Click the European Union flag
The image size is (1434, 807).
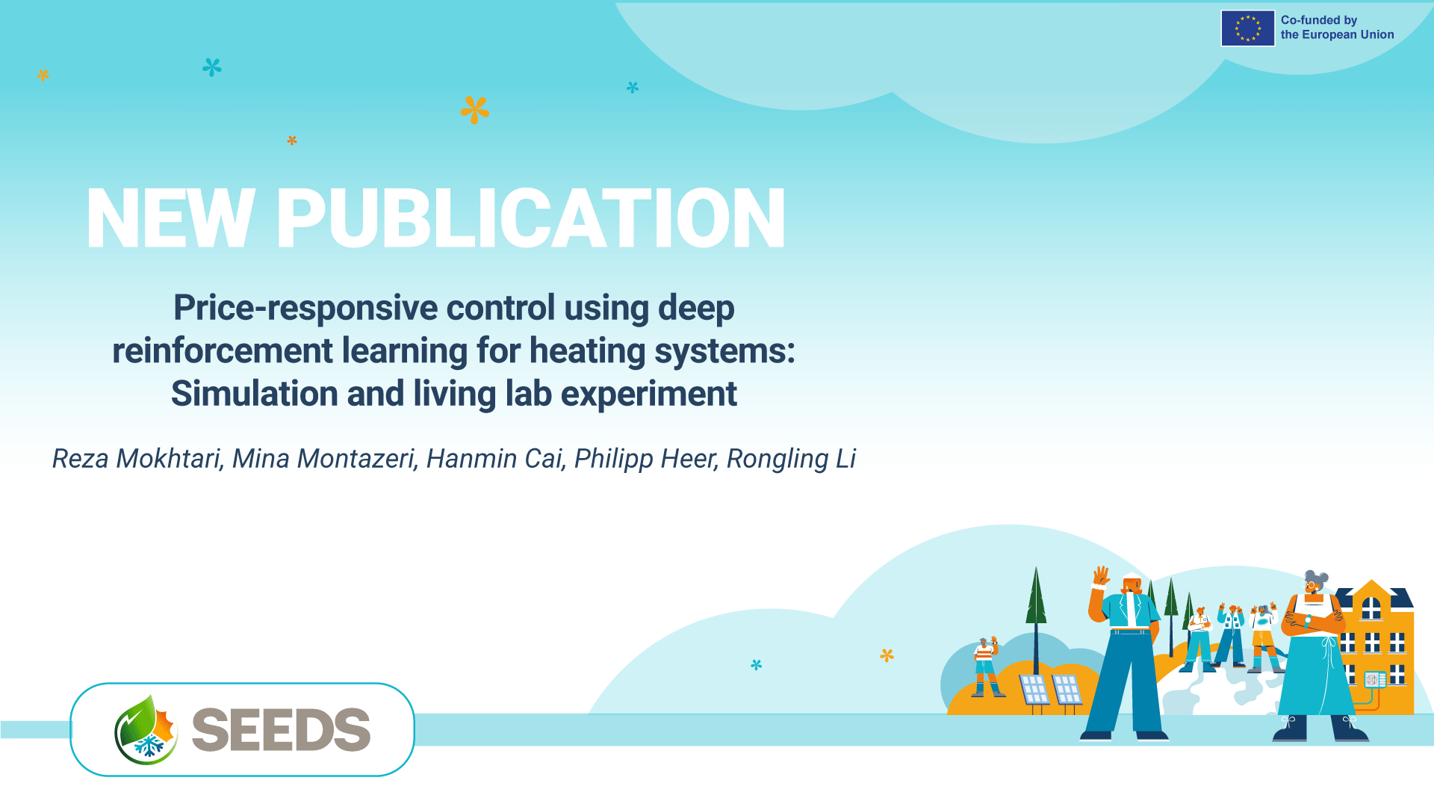pyautogui.click(x=1248, y=28)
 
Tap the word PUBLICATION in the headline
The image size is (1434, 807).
pyautogui.click(x=531, y=218)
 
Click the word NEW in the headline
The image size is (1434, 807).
pyautogui.click(x=171, y=218)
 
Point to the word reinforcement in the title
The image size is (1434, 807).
pyautogui.click(x=223, y=350)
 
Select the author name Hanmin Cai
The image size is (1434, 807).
pyautogui.click(x=494, y=458)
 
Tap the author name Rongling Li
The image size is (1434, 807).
pyautogui.click(x=791, y=459)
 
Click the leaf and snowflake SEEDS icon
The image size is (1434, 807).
pyautogui.click(x=146, y=730)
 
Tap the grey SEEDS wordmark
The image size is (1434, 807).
pyautogui.click(x=281, y=730)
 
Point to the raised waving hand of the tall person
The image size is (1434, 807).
pyautogui.click(x=1101, y=575)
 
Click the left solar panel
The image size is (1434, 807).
pyautogui.click(x=1034, y=690)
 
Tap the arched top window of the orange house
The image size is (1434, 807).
pyautogui.click(x=1371, y=608)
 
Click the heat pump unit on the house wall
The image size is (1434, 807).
pyautogui.click(x=1375, y=679)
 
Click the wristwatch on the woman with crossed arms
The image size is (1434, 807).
pyautogui.click(x=1308, y=619)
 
